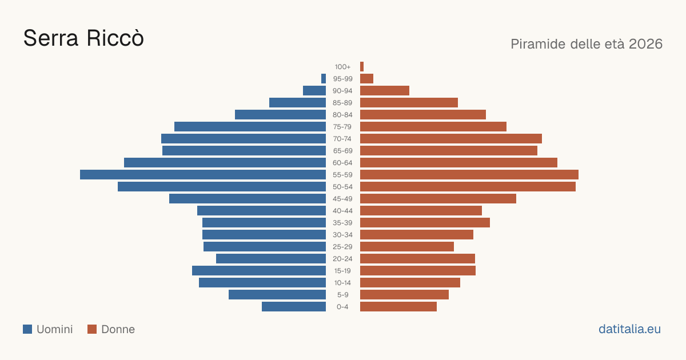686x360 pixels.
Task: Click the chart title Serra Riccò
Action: click(x=83, y=38)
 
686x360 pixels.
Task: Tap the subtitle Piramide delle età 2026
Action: click(x=587, y=44)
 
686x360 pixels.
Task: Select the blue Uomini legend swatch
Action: click(x=27, y=329)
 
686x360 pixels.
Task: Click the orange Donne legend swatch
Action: click(x=92, y=329)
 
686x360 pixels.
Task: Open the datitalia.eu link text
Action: click(x=629, y=329)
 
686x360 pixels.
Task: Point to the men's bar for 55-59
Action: click(x=203, y=174)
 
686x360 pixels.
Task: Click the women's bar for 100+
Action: click(x=362, y=66)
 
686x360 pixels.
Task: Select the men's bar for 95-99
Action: click(x=324, y=78)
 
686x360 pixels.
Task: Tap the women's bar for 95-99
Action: click(x=366, y=78)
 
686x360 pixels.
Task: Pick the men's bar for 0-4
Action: click(x=294, y=306)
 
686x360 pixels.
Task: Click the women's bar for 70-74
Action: click(x=451, y=138)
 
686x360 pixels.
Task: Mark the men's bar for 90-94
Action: click(x=314, y=91)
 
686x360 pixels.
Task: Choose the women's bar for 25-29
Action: click(x=407, y=246)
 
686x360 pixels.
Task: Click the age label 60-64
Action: click(x=342, y=162)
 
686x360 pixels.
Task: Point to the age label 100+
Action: click(x=342, y=66)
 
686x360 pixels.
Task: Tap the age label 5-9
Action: click(x=342, y=294)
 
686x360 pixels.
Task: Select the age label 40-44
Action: click(x=342, y=211)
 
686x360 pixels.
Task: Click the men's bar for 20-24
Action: click(x=271, y=258)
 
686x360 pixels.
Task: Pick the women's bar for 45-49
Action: click(x=438, y=198)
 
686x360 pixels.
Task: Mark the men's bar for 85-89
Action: click(x=298, y=102)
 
